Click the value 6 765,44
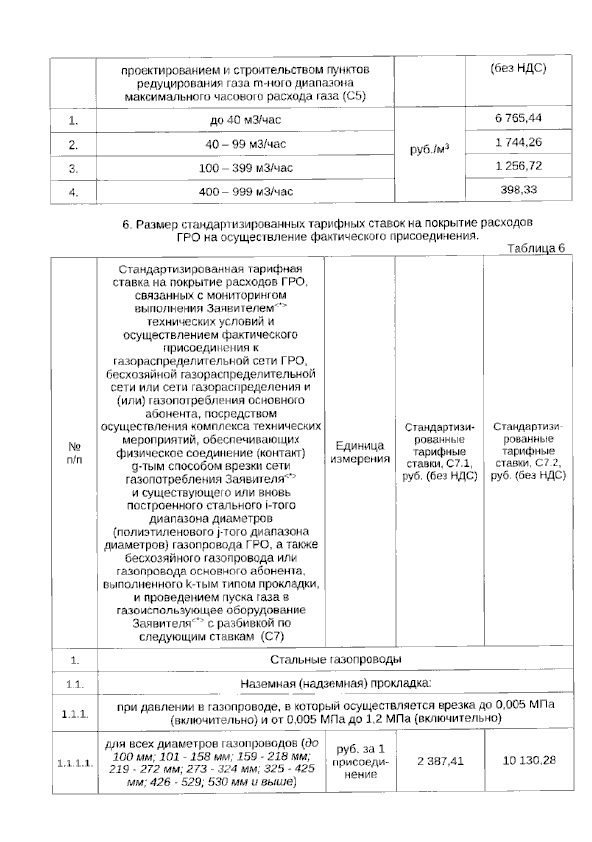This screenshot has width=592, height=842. [x=518, y=118]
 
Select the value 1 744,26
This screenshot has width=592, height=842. [x=518, y=143]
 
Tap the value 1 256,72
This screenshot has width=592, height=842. [x=518, y=166]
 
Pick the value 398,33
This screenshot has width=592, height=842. [x=518, y=190]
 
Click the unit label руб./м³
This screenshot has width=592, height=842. [x=430, y=149]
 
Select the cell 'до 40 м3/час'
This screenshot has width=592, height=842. [x=245, y=120]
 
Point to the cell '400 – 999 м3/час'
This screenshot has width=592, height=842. [x=245, y=192]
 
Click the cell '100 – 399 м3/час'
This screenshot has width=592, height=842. [x=245, y=168]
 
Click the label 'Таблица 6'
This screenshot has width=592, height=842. [x=536, y=249]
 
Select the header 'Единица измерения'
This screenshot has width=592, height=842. [x=360, y=452]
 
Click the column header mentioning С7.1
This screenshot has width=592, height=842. [x=439, y=452]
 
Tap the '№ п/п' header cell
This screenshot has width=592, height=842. [x=74, y=452]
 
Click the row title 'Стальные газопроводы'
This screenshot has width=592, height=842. [x=335, y=660]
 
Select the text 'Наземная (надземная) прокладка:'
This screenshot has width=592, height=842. [x=335, y=684]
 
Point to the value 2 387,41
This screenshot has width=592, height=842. [x=440, y=761]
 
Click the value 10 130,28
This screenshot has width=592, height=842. [x=529, y=760]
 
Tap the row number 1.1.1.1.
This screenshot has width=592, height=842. [x=75, y=764]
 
